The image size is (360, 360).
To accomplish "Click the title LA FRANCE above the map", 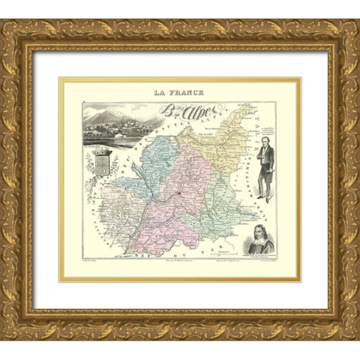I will [x=180, y=93].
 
